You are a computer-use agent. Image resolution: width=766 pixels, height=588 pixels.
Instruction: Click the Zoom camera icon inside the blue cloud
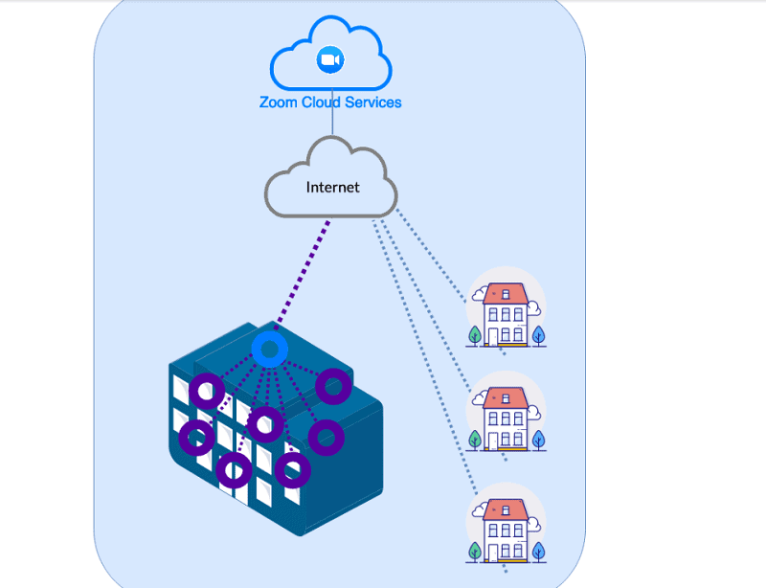point(330,59)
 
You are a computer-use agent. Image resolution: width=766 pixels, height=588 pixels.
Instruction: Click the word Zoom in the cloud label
point(278,102)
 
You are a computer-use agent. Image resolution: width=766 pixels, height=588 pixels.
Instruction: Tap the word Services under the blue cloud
point(373,102)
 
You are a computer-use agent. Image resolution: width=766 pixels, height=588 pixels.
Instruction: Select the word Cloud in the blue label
point(321,102)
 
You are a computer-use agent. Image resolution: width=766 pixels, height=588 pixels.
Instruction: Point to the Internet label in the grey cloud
point(332,187)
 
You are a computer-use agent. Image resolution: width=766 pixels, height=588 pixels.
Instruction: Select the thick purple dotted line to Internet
point(303,275)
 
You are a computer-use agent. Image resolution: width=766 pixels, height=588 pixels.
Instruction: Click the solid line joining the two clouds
point(332,112)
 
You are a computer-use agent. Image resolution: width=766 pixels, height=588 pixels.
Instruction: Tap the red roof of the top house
point(506,294)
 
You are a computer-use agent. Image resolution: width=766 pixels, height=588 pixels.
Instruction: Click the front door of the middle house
point(492,441)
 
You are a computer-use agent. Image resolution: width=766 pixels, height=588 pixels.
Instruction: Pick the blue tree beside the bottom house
point(538,552)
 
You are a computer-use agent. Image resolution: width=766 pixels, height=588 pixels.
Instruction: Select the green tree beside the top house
point(475,336)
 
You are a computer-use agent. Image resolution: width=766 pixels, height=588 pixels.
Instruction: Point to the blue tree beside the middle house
point(538,440)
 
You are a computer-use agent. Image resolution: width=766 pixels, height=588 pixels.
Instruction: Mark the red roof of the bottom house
point(506,509)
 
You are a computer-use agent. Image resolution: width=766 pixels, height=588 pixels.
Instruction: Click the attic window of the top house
point(506,294)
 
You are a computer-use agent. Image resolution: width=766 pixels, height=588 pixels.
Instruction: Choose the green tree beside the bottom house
point(475,552)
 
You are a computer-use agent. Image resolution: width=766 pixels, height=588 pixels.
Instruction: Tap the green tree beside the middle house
point(475,440)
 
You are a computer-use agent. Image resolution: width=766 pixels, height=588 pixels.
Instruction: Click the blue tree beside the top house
point(538,335)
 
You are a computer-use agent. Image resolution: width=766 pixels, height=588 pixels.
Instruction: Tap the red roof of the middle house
point(506,397)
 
